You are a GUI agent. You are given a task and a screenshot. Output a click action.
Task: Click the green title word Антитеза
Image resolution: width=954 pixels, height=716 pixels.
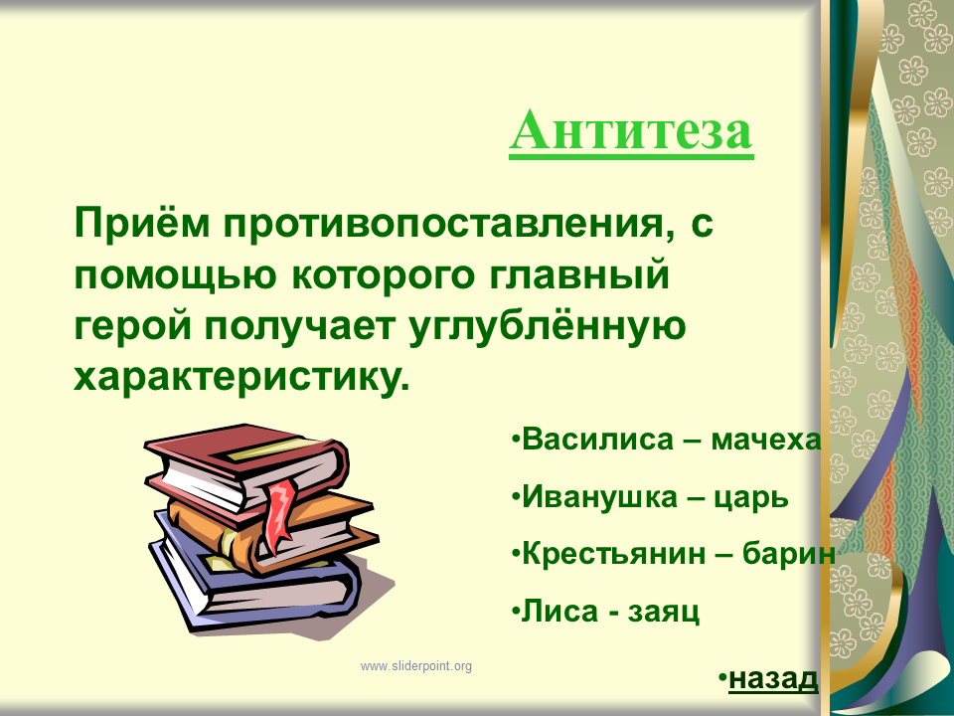tap(632, 130)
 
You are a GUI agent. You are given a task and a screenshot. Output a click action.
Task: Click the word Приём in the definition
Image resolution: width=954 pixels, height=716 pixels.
tap(142, 224)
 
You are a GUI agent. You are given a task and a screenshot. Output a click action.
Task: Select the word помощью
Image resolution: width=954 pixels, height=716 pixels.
tap(175, 275)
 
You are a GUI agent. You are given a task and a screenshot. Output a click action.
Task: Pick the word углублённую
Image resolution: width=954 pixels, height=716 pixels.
tap(548, 326)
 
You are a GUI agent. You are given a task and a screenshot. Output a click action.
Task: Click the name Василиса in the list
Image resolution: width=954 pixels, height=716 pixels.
tap(597, 439)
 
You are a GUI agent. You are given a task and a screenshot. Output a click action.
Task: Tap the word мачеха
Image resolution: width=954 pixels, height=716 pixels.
tap(766, 441)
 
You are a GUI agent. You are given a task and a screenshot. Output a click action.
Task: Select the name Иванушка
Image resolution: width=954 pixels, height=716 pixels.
tap(599, 497)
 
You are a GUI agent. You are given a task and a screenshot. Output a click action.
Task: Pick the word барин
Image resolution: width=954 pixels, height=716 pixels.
tap(788, 554)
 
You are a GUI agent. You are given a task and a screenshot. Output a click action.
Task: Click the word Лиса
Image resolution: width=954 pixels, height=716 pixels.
tap(559, 611)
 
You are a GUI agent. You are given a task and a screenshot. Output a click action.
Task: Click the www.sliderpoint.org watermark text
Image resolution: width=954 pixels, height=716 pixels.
tap(416, 666)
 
